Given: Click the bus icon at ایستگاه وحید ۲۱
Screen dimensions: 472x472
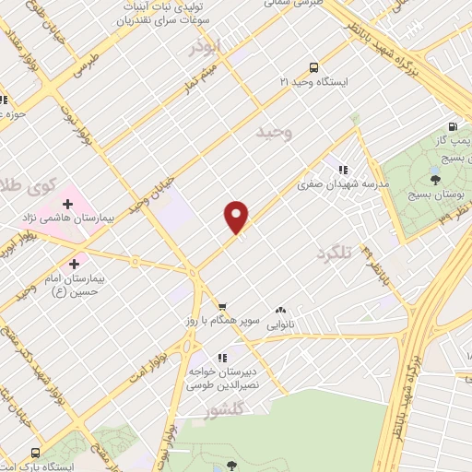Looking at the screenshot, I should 314,67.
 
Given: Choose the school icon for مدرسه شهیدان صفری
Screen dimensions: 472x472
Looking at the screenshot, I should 343,170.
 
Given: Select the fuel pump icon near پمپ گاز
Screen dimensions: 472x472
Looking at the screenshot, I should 452,127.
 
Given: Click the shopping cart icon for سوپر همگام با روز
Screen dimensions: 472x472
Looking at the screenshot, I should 222,305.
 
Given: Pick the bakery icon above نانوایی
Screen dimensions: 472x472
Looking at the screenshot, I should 280,311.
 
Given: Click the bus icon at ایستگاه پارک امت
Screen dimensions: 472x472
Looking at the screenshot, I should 35,453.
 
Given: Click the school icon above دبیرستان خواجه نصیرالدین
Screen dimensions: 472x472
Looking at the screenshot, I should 222,357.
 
